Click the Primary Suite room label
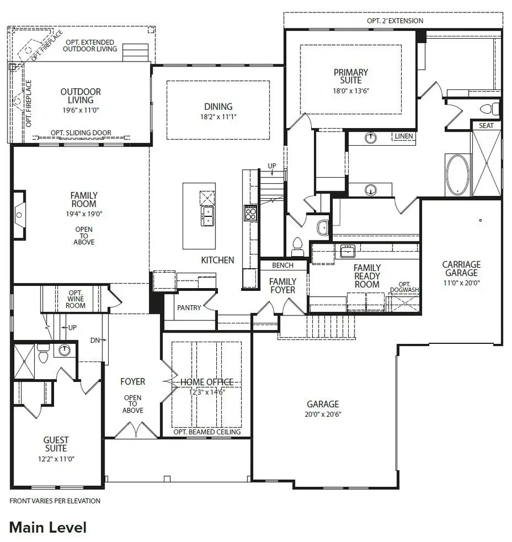coord(351,76)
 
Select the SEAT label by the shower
coord(486,125)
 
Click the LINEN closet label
coord(403,137)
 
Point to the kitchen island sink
coord(207,216)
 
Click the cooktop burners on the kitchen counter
coord(250,213)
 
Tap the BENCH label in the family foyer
coord(283,265)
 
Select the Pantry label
coord(189,308)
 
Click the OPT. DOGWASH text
coord(404,287)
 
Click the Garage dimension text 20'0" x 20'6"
coord(323,414)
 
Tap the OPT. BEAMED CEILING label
coord(207,432)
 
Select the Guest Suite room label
coord(56,444)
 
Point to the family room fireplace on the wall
coord(19,215)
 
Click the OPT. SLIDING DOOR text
coord(81,133)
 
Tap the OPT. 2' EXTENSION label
coord(395,21)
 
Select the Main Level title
coord(48,527)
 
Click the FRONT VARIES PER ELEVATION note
coord(55,501)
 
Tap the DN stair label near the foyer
coord(95,340)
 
